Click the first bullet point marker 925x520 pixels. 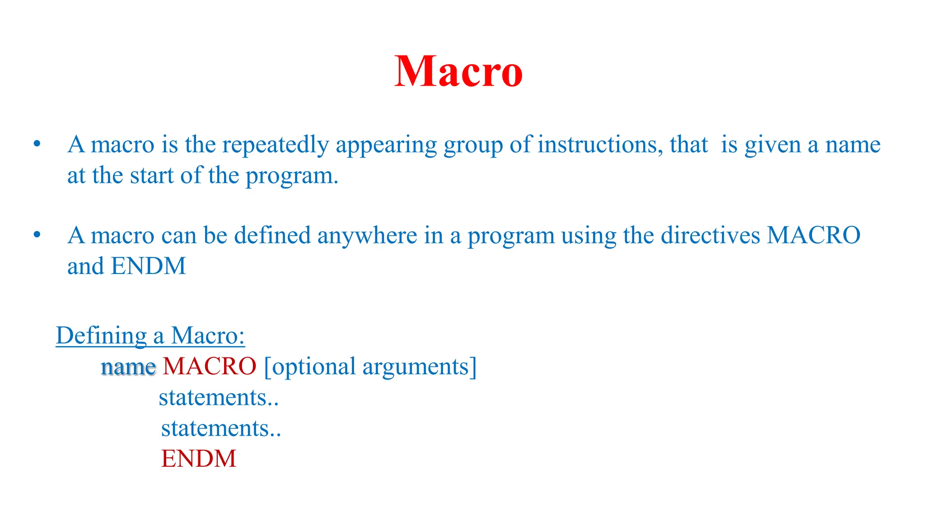point(37,144)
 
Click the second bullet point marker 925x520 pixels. point(37,235)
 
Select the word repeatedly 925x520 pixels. point(275,145)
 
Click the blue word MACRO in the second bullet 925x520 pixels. point(813,235)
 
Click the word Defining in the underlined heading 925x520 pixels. point(101,336)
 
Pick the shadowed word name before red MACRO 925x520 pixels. point(128,367)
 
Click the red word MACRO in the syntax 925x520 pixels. point(210,366)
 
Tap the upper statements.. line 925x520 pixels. point(218,398)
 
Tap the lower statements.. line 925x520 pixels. point(221,428)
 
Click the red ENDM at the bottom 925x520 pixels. point(199,459)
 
